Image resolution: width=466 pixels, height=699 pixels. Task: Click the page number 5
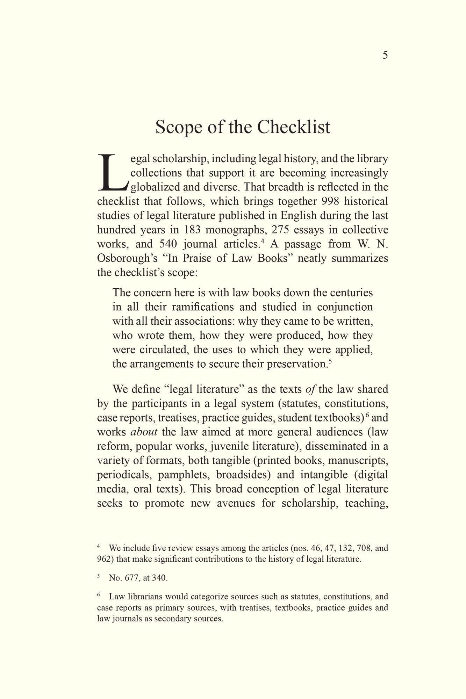pyautogui.click(x=385, y=55)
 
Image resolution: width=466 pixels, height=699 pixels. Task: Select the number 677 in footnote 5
pyautogui.click(x=132, y=578)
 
